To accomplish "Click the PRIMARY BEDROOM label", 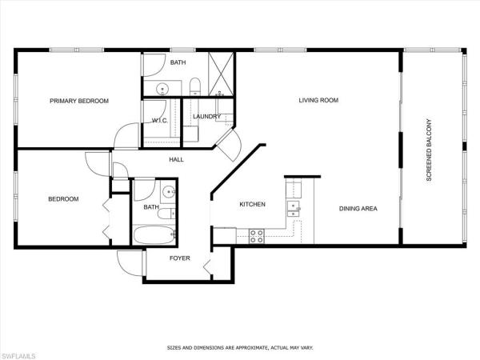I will click(79, 101).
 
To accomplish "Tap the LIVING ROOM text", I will click(319, 101).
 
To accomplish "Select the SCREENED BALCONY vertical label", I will click(429, 150).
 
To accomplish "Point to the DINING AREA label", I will click(358, 209).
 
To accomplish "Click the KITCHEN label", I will click(252, 205).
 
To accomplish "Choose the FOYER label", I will click(178, 258).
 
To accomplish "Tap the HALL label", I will click(176, 159).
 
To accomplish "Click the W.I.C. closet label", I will click(158, 122).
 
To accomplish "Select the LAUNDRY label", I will click(206, 117).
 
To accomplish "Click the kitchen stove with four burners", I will click(258, 235).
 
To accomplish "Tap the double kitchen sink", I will click(294, 209).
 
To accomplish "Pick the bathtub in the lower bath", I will click(153, 236).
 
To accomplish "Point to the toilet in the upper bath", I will click(194, 87).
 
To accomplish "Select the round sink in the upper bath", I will click(160, 88).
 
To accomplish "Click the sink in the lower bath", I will click(168, 191).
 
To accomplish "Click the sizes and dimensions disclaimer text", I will click(240, 347).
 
